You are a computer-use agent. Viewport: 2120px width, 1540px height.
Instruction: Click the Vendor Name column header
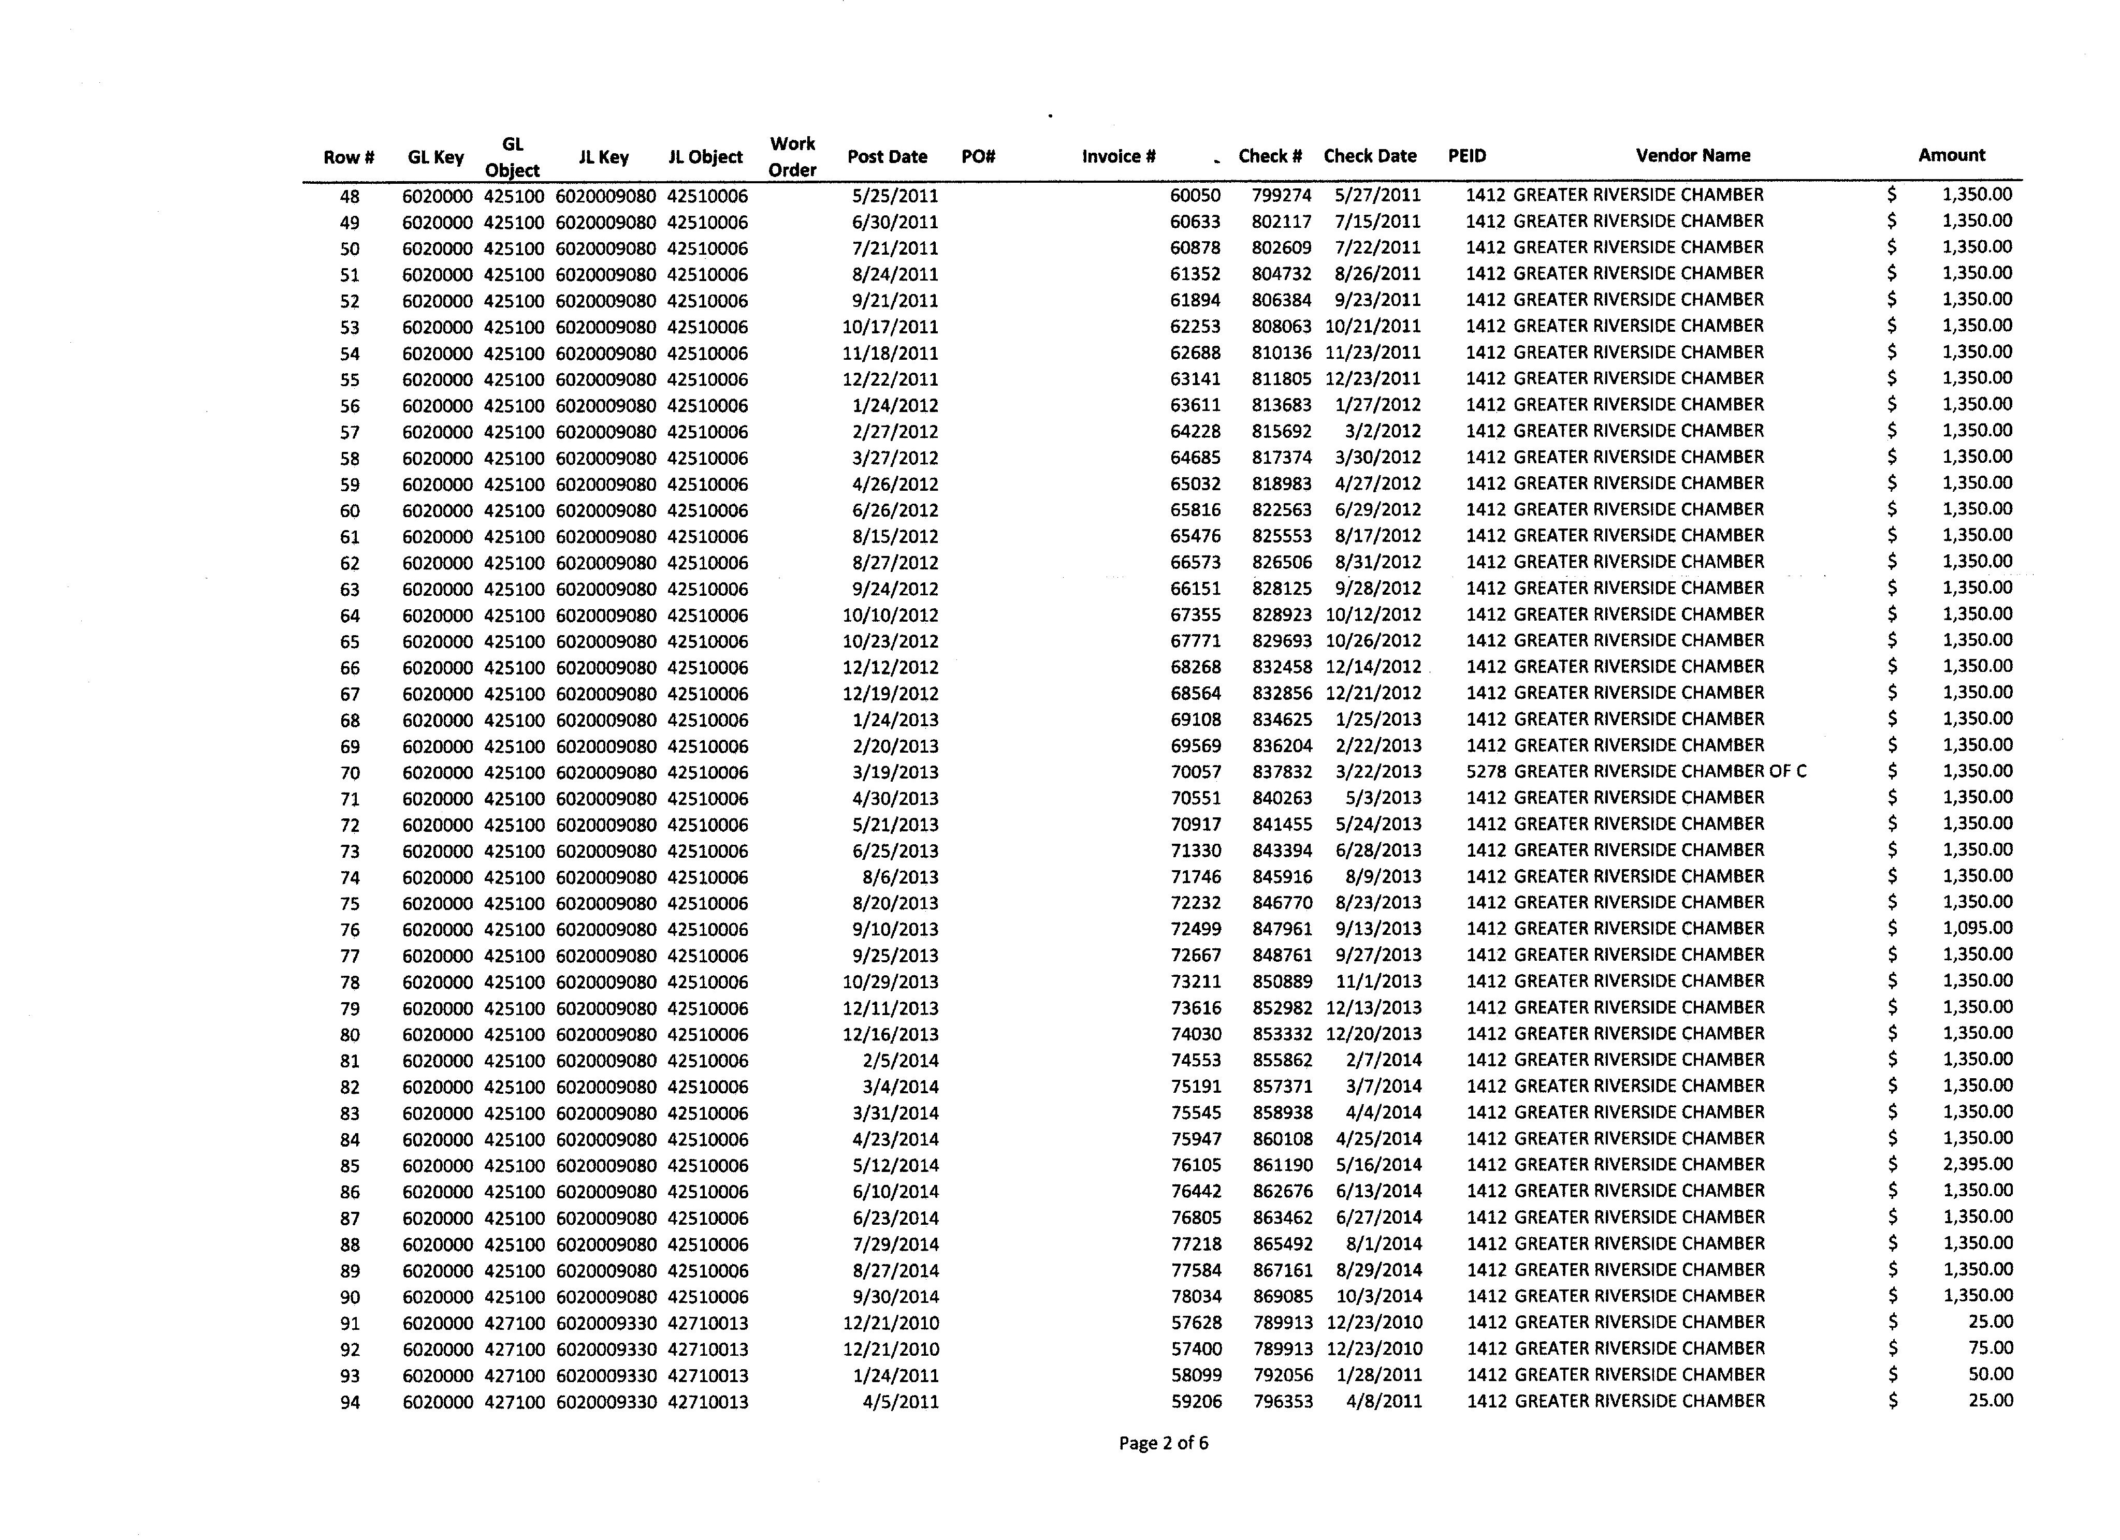(x=1693, y=155)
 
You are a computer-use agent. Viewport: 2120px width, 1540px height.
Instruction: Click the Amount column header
(x=1952, y=155)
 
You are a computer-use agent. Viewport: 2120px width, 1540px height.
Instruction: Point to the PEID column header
(x=1466, y=156)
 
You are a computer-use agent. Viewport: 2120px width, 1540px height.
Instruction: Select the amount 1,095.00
(x=1977, y=928)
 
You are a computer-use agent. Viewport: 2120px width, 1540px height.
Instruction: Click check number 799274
(x=1282, y=195)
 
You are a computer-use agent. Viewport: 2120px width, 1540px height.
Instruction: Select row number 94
(x=350, y=1402)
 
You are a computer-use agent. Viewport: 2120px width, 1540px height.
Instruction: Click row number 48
(x=350, y=196)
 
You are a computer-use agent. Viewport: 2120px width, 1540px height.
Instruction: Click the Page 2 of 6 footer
(x=1163, y=1443)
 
